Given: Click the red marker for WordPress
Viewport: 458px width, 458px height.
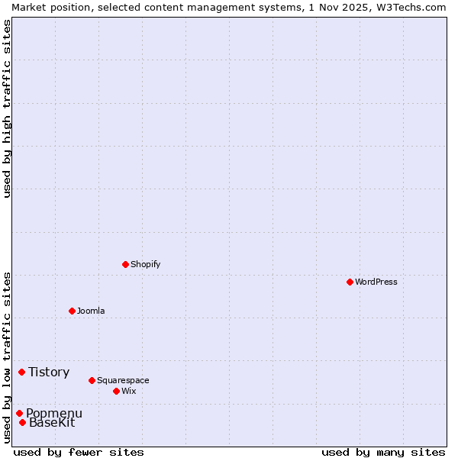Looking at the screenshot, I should coord(350,282).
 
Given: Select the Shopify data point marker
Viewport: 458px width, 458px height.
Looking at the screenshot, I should coord(125,264).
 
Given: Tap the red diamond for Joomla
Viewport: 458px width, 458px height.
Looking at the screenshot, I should coord(72,311).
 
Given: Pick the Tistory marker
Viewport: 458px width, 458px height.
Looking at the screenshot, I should coord(22,372).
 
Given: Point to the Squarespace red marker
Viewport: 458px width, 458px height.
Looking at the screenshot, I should coord(92,380).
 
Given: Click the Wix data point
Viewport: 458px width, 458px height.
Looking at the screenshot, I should coord(116,391).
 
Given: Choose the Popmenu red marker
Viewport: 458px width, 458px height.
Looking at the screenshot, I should coord(19,413).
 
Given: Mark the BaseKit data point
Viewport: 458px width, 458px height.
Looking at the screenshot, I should coord(23,422).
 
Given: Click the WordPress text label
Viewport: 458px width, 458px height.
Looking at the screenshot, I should coord(376,282).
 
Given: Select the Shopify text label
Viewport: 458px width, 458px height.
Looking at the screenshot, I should coord(145,264).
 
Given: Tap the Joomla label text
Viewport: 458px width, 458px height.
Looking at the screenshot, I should coord(91,311).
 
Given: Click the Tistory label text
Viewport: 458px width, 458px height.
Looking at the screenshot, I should coord(49,372).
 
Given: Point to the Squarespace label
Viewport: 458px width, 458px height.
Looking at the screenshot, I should coord(123,380).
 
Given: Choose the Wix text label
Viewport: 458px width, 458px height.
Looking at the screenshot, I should coord(128,391).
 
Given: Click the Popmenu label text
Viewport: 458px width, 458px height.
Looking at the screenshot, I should coord(54,413).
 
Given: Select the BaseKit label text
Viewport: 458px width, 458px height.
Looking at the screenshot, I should coord(52,422).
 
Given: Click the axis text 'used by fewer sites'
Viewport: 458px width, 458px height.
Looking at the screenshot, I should coord(79,452).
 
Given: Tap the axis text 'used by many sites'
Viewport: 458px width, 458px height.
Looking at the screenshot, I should coord(383,452).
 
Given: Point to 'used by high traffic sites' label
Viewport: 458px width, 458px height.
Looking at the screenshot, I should coord(7,108).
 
